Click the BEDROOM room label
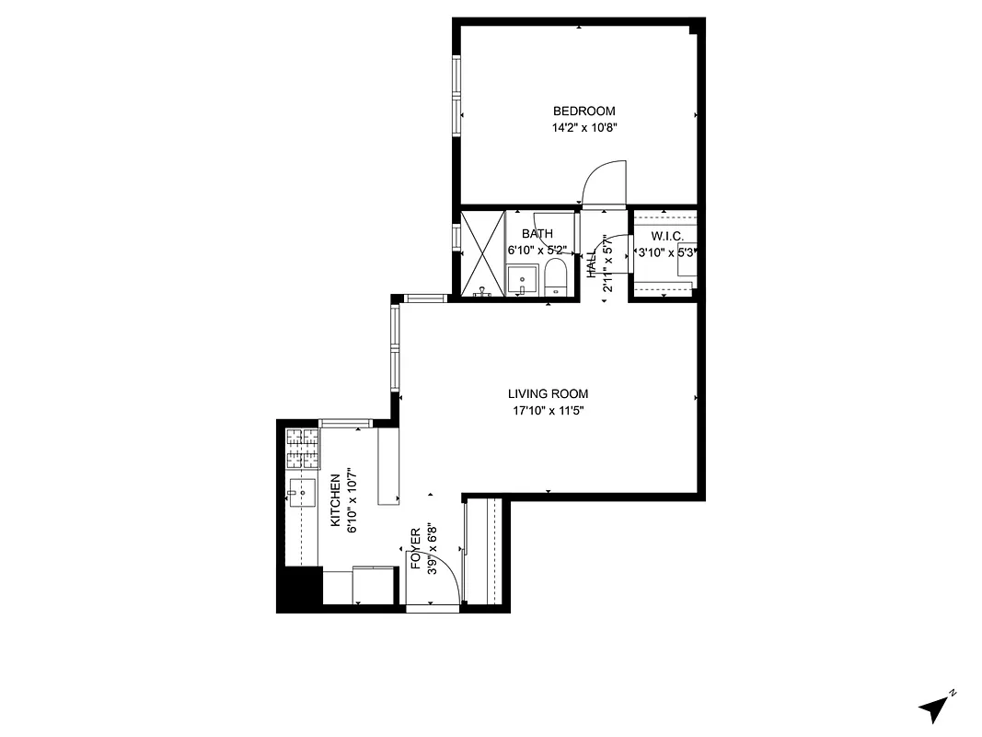tap(578, 111)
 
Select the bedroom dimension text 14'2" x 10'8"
tap(578, 129)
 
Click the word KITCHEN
tap(336, 500)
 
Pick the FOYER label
tap(416, 550)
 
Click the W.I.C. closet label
tap(666, 237)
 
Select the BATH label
tap(537, 234)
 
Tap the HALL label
tap(592, 265)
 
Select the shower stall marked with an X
tap(483, 253)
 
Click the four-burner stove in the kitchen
tap(302, 450)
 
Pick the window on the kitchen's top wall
tap(346, 423)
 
